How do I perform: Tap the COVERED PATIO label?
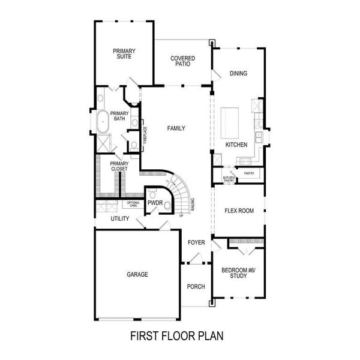point(182,61)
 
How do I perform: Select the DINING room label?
point(238,74)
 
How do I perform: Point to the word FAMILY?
point(176,128)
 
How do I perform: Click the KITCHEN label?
point(236,145)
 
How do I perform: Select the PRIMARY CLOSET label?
point(119,166)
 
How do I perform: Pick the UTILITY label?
point(119,219)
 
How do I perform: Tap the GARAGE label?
point(137,274)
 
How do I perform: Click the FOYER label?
point(196,243)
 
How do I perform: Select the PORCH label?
point(196,286)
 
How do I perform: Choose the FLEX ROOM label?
point(239,211)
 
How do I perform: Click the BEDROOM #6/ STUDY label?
point(238,273)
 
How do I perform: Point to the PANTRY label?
point(249,174)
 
